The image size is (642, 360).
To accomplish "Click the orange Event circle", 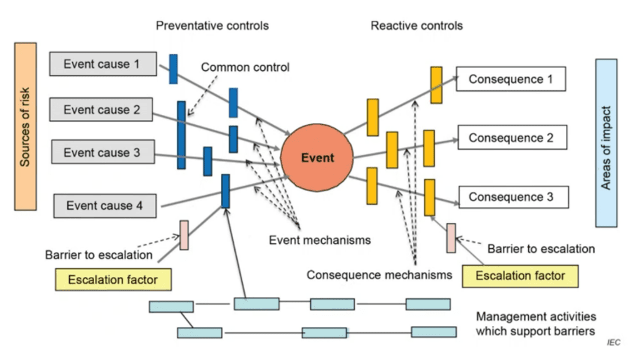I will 317,158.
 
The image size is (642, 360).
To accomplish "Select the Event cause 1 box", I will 103,64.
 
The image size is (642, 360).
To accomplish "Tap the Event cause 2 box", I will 101,109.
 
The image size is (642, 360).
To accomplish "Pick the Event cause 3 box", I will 102,152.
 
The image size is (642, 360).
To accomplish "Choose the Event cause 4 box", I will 105,205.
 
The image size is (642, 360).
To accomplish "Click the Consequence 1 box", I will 511,79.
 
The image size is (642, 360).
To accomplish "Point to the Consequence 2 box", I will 511,138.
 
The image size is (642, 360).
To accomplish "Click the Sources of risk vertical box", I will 25,126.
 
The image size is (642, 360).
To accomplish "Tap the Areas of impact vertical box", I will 606,143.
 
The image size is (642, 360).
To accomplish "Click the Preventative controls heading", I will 212,26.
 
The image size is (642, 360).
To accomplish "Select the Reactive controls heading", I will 416,26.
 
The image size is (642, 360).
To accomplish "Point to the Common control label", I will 245,67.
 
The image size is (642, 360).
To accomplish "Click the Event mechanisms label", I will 320,240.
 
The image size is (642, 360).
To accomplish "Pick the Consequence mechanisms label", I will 379,275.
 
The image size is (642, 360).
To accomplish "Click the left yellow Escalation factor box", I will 113,279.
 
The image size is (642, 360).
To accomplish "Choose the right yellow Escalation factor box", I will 520,276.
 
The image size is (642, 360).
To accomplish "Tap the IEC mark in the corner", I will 613,343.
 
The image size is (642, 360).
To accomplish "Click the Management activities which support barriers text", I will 536,324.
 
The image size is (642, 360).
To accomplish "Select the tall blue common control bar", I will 181,135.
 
